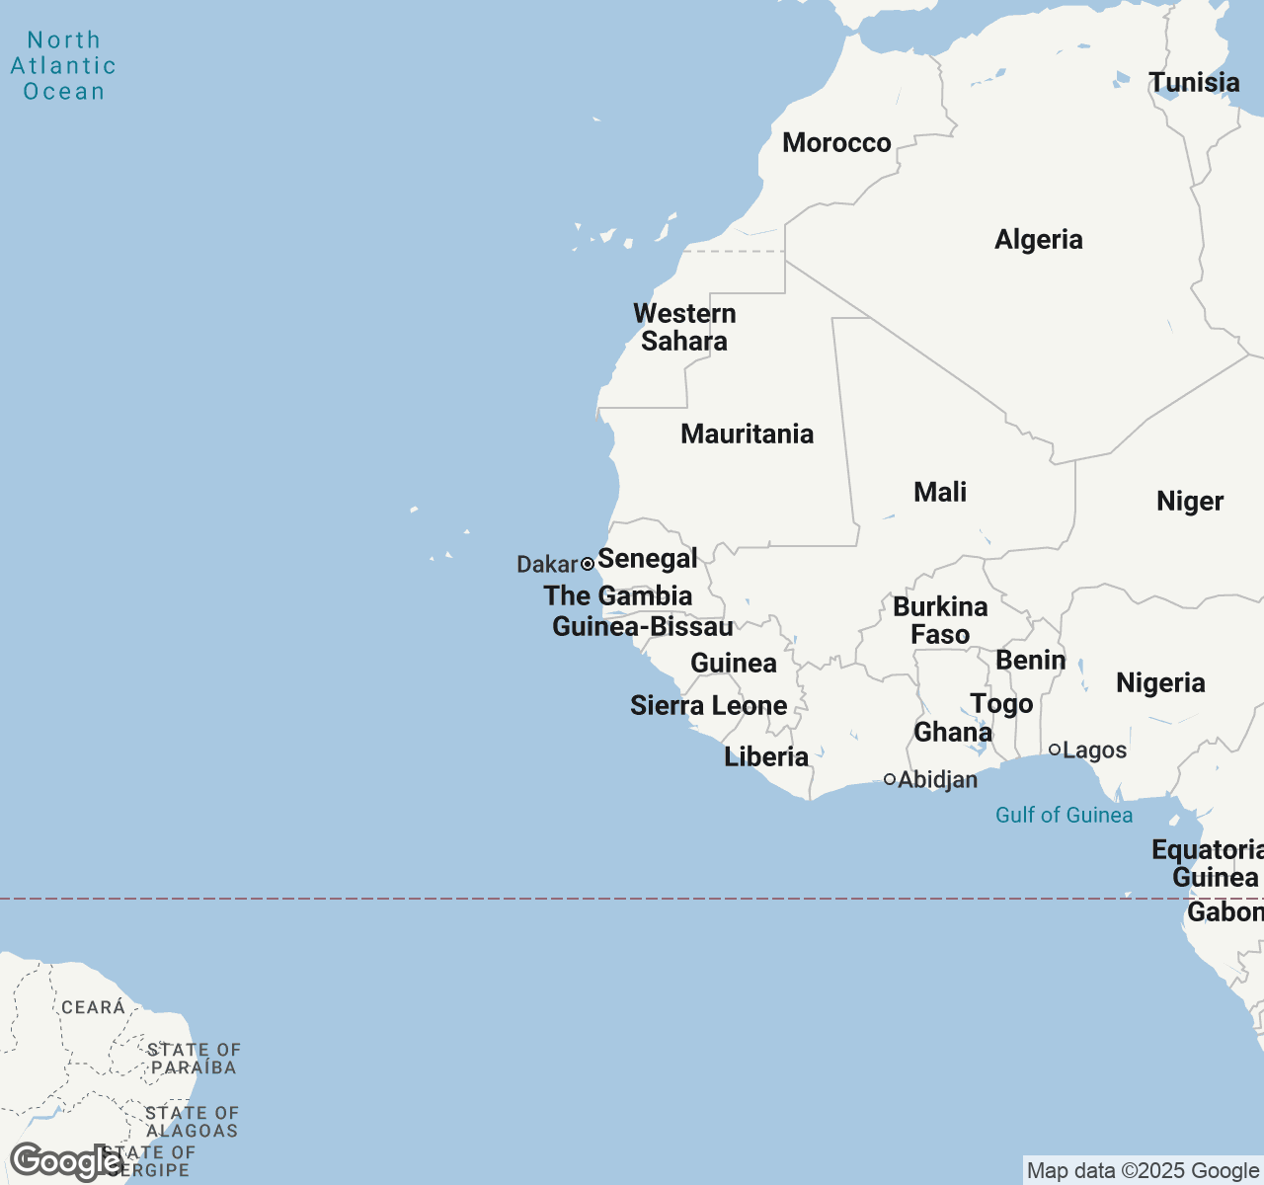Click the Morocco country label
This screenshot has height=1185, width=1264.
836,143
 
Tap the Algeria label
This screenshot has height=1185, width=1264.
1038,240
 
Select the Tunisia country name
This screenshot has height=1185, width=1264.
1194,83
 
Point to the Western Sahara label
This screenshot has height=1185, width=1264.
684,328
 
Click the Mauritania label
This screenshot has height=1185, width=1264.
747,434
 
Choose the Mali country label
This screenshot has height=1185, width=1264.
939,493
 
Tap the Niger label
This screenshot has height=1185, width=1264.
1189,502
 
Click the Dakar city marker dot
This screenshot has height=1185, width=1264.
588,564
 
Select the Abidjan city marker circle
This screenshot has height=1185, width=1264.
890,779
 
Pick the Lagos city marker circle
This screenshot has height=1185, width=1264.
1055,750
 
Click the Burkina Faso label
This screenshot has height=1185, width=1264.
940,621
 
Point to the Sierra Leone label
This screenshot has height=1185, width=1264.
708,706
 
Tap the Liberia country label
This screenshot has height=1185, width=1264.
766,757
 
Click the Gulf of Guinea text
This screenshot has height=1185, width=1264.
1064,816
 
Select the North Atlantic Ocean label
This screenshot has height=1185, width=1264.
63,66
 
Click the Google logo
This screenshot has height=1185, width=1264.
65,1161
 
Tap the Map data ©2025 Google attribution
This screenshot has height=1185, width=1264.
1143,1171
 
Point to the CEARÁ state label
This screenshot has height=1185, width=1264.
93,1007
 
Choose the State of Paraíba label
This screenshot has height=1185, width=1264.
194,1059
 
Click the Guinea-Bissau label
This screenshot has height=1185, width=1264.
642,627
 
